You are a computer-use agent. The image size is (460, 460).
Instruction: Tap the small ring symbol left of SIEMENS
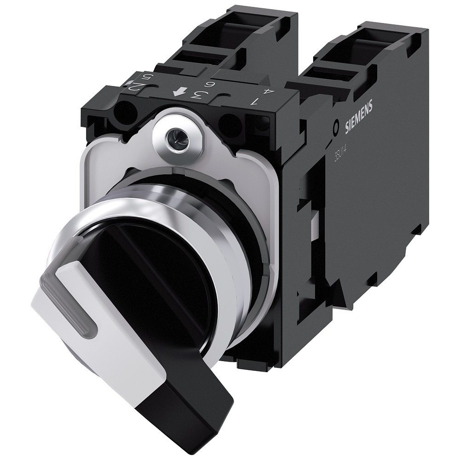pyautogui.click(x=336, y=126)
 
